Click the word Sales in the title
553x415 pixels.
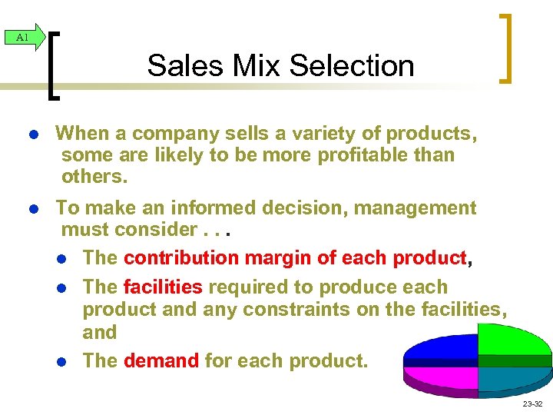click(177, 65)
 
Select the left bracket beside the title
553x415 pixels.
click(55, 65)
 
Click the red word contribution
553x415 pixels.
click(180, 257)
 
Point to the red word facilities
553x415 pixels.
click(162, 287)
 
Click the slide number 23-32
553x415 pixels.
click(531, 403)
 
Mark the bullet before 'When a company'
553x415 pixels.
click(34, 134)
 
